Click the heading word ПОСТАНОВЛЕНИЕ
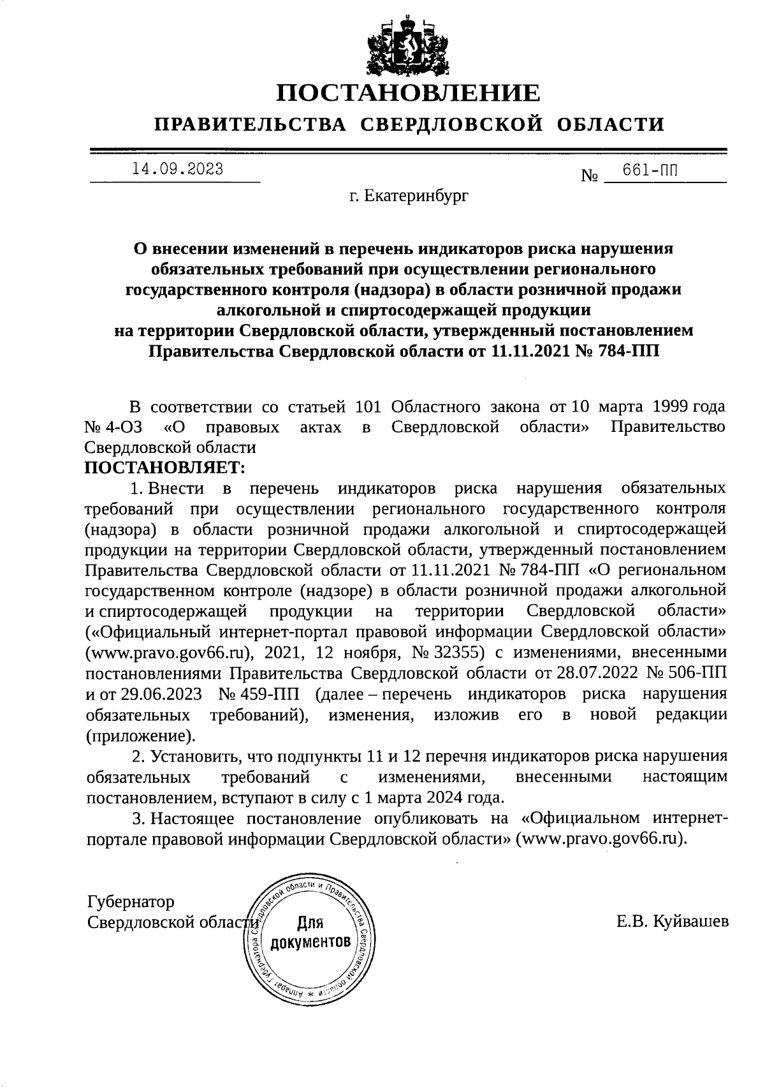408,93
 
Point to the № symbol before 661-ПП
589,175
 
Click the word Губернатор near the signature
130,902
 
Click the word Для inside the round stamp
310,923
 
